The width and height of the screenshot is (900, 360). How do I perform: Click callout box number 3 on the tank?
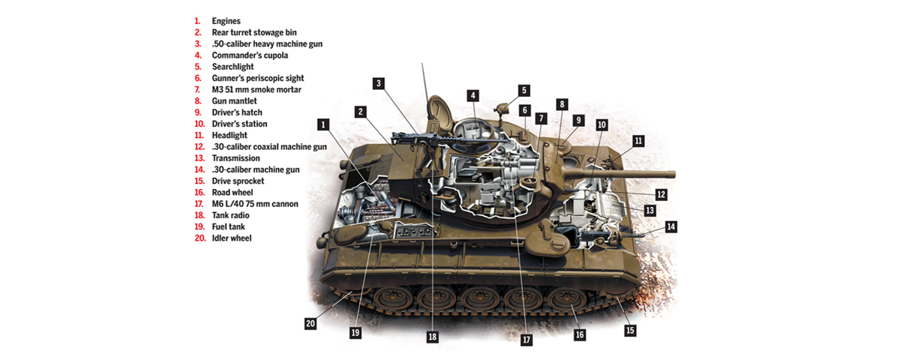[379, 83]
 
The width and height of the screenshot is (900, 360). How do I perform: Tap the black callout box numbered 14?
[670, 226]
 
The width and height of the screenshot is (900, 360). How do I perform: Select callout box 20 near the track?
[310, 323]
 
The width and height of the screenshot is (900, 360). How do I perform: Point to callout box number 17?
[526, 340]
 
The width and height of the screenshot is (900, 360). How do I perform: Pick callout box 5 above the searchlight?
[524, 91]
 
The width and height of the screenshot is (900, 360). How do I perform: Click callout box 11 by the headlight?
[638, 141]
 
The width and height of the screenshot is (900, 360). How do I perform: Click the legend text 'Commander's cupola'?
[250, 55]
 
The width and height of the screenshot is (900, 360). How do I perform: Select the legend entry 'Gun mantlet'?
[234, 101]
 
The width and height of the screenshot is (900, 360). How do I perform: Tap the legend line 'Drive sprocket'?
[238, 181]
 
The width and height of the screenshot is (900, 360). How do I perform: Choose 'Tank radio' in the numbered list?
[231, 215]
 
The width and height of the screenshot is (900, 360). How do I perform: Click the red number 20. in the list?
[200, 238]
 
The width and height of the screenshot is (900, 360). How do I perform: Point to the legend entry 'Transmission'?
[235, 158]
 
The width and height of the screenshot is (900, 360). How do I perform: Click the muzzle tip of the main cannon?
[673, 174]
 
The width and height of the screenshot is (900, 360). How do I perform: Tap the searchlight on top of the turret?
[502, 108]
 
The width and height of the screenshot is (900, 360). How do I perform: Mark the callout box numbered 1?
[323, 124]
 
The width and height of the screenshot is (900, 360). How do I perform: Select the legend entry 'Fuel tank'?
[228, 227]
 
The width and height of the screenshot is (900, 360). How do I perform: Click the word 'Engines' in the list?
[226, 21]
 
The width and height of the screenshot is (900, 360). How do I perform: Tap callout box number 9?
[578, 120]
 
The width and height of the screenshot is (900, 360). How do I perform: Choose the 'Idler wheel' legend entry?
[232, 238]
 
